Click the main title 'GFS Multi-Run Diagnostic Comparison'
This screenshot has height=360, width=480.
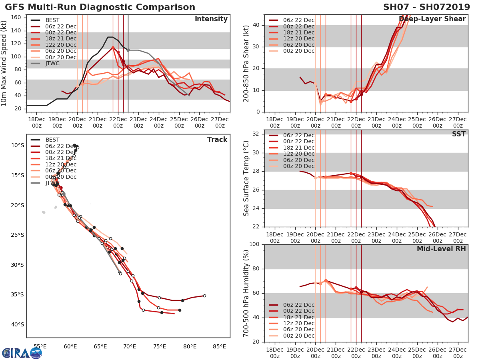[x=100, y=7]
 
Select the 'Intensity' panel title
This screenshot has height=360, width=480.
[x=211, y=19]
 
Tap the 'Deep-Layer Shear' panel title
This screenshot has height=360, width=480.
[x=432, y=19]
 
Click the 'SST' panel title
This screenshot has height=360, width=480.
[x=458, y=134]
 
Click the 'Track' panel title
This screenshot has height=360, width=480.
[x=217, y=140]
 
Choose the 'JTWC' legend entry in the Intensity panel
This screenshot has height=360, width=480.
[x=52, y=63]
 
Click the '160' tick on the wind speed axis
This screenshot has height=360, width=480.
[x=18, y=18]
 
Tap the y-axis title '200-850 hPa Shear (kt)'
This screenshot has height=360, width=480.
[x=246, y=63]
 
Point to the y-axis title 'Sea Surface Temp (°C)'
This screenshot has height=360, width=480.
[x=246, y=178]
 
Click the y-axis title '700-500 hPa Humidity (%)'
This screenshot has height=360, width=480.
[x=246, y=293]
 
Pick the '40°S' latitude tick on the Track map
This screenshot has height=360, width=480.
[x=18, y=324]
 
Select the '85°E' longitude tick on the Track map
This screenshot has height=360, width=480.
[x=219, y=346]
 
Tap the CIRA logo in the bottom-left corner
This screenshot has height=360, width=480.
[x=22, y=353]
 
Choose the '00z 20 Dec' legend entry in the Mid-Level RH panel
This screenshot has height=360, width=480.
[x=298, y=336]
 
